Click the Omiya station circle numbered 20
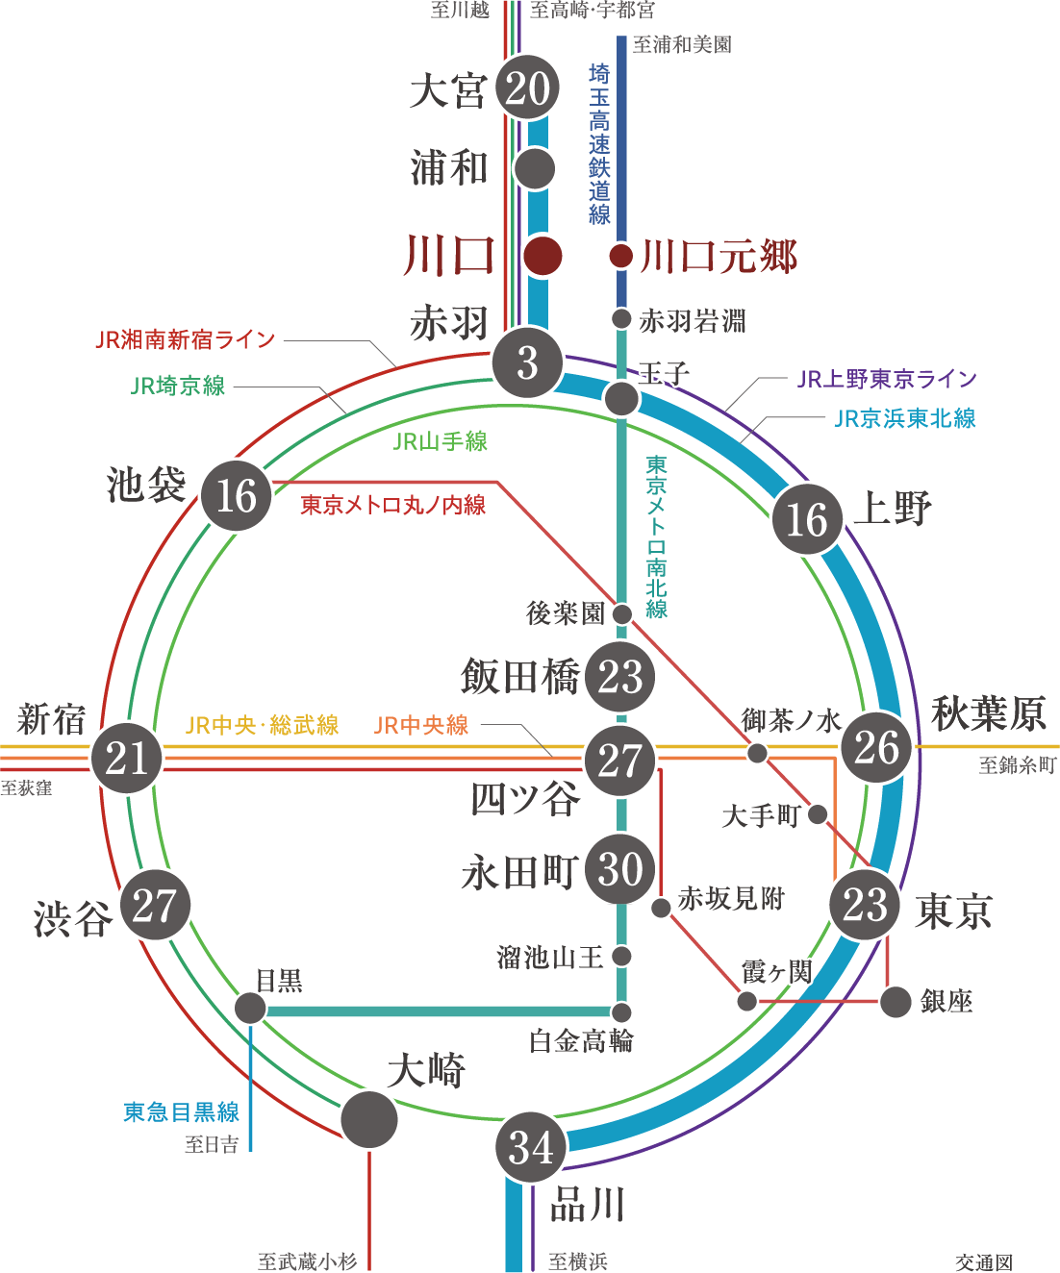point(527,87)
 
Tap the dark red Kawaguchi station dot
point(543,256)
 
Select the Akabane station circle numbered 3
point(527,363)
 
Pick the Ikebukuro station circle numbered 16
point(237,495)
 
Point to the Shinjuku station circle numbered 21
point(126,759)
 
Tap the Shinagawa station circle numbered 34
point(531,1147)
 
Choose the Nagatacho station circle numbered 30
point(620,869)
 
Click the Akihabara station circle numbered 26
point(876,747)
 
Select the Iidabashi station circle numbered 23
point(620,676)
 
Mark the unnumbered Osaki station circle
point(369,1119)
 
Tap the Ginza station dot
point(896,1002)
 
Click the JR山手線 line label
point(441,441)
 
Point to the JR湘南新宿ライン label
point(186,339)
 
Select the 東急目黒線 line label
point(181,1112)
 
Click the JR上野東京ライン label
point(886,379)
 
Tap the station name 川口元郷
point(719,257)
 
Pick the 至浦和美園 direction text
point(682,44)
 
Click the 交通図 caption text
point(984,1261)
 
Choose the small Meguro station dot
point(250,1009)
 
